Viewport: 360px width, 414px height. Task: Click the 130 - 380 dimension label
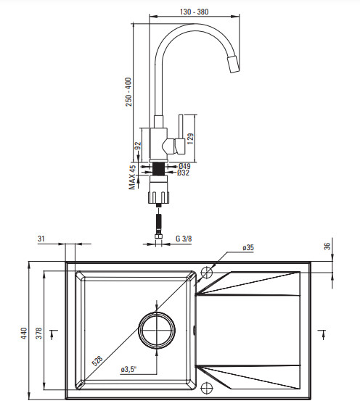[194, 12]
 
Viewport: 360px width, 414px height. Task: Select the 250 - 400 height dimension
[128, 91]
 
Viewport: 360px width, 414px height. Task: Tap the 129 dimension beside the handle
[190, 138]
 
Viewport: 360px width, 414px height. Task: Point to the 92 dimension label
[138, 146]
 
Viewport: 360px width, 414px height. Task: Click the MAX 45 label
[132, 177]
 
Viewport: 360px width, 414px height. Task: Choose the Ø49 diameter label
[184, 166]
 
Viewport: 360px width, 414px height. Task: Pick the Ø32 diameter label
[184, 173]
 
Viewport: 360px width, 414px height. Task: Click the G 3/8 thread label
[184, 239]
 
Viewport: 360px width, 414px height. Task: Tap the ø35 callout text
[248, 248]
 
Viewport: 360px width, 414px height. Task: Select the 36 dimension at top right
[327, 246]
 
